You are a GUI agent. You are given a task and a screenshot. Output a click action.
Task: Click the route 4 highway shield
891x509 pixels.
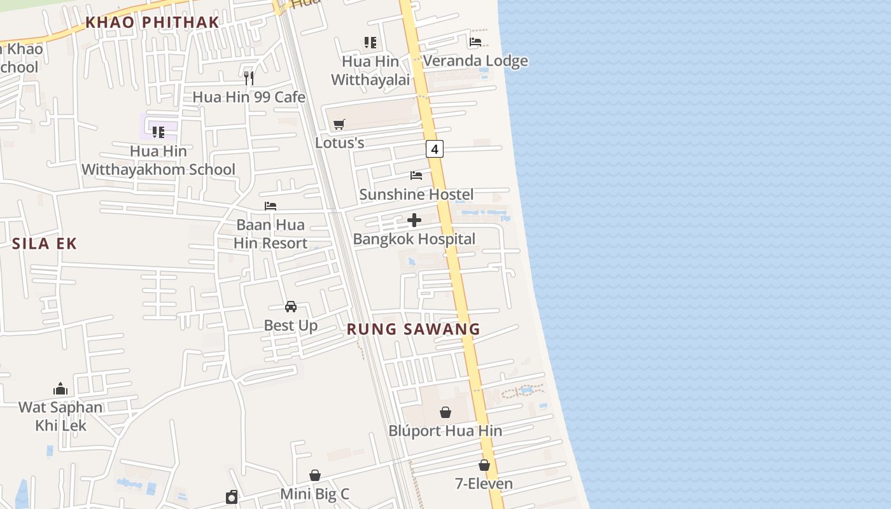[x=434, y=150]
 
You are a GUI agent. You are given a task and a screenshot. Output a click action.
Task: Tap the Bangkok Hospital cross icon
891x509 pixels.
[x=414, y=221]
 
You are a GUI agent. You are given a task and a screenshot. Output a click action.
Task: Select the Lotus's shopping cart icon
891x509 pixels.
[x=339, y=124]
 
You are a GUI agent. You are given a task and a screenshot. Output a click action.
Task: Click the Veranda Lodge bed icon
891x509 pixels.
[x=475, y=43]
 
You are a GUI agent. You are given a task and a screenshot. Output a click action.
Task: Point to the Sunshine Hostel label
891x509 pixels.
[x=416, y=194]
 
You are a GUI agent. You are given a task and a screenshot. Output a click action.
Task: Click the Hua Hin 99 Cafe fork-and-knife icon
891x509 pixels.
[x=249, y=78]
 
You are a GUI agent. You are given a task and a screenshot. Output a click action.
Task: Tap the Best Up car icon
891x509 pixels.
[x=291, y=307]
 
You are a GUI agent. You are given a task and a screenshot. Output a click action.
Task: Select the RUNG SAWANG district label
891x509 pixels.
[x=414, y=329]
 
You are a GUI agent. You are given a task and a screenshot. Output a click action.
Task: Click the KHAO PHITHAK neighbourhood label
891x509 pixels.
[x=152, y=22]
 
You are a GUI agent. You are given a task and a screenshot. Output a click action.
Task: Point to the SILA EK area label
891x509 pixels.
[x=45, y=243]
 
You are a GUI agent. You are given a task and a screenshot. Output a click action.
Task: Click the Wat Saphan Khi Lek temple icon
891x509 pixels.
[x=60, y=389]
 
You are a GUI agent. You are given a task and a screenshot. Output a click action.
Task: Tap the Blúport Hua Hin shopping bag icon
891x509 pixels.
[x=445, y=412]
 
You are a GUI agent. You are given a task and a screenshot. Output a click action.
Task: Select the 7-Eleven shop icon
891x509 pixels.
[x=484, y=465]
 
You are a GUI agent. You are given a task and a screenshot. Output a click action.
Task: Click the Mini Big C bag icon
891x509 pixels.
[x=315, y=475]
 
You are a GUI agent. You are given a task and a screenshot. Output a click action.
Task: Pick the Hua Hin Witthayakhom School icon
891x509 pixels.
[x=158, y=132]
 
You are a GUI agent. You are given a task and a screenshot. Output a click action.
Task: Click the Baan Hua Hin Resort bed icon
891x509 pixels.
[x=270, y=206]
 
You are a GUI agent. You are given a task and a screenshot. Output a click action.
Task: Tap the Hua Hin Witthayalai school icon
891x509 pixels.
[x=370, y=43]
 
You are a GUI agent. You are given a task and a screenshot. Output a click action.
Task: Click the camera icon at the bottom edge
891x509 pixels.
[x=232, y=497]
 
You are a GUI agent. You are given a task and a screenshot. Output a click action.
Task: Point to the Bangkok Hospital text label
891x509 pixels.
[x=414, y=239]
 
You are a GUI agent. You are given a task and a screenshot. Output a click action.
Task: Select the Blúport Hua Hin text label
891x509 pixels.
[x=445, y=431]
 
